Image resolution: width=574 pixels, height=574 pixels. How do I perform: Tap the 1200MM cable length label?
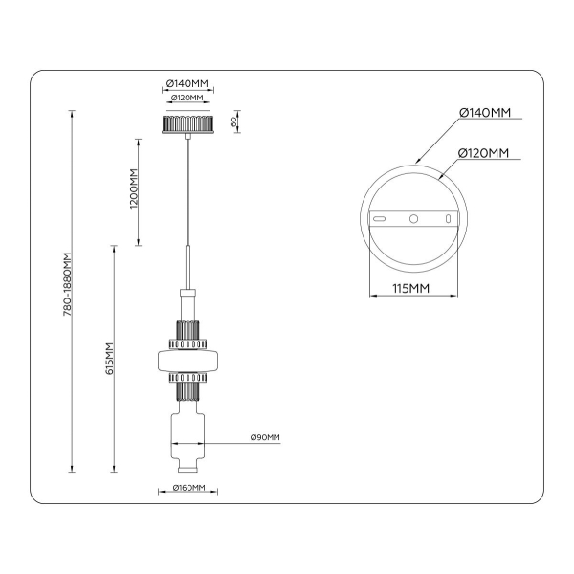(135, 188)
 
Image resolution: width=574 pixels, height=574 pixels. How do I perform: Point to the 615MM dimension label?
(110, 359)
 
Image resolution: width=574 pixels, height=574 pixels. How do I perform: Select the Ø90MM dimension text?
(265, 437)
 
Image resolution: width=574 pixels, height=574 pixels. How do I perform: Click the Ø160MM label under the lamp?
(188, 488)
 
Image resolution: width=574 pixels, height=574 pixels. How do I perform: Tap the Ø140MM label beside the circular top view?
(485, 113)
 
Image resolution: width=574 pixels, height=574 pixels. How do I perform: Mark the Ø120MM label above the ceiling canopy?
(188, 99)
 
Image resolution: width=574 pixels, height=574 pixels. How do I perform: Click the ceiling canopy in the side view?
(188, 124)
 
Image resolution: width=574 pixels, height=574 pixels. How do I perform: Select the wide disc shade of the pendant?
(188, 362)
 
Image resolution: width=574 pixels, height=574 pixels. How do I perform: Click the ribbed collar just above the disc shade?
(188, 338)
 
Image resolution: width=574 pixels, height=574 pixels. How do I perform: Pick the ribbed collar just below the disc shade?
(188, 386)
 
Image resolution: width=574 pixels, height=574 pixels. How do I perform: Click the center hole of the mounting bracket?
(414, 218)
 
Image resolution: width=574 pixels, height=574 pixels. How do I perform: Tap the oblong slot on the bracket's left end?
(380, 218)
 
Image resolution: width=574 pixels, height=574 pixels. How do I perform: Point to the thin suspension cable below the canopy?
(188, 191)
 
